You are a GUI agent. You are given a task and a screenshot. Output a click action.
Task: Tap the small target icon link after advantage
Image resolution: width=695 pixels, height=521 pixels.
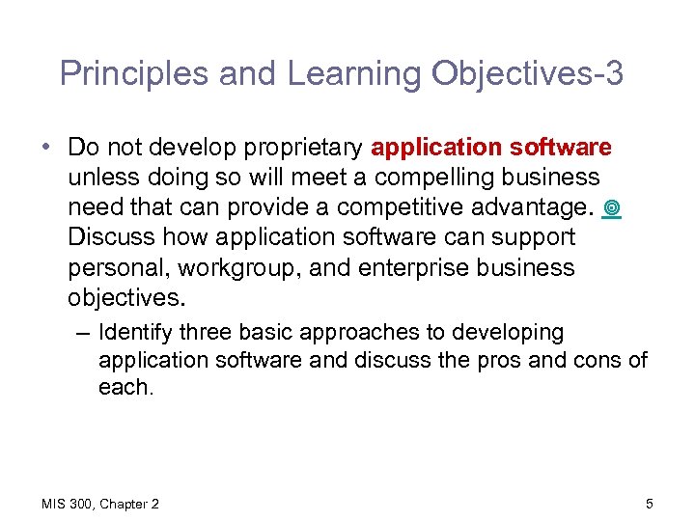click(612, 207)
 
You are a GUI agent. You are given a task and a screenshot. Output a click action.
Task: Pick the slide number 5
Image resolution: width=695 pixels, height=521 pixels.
click(650, 504)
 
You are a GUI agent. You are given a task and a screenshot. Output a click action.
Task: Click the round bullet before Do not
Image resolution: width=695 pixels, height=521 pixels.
click(47, 149)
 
